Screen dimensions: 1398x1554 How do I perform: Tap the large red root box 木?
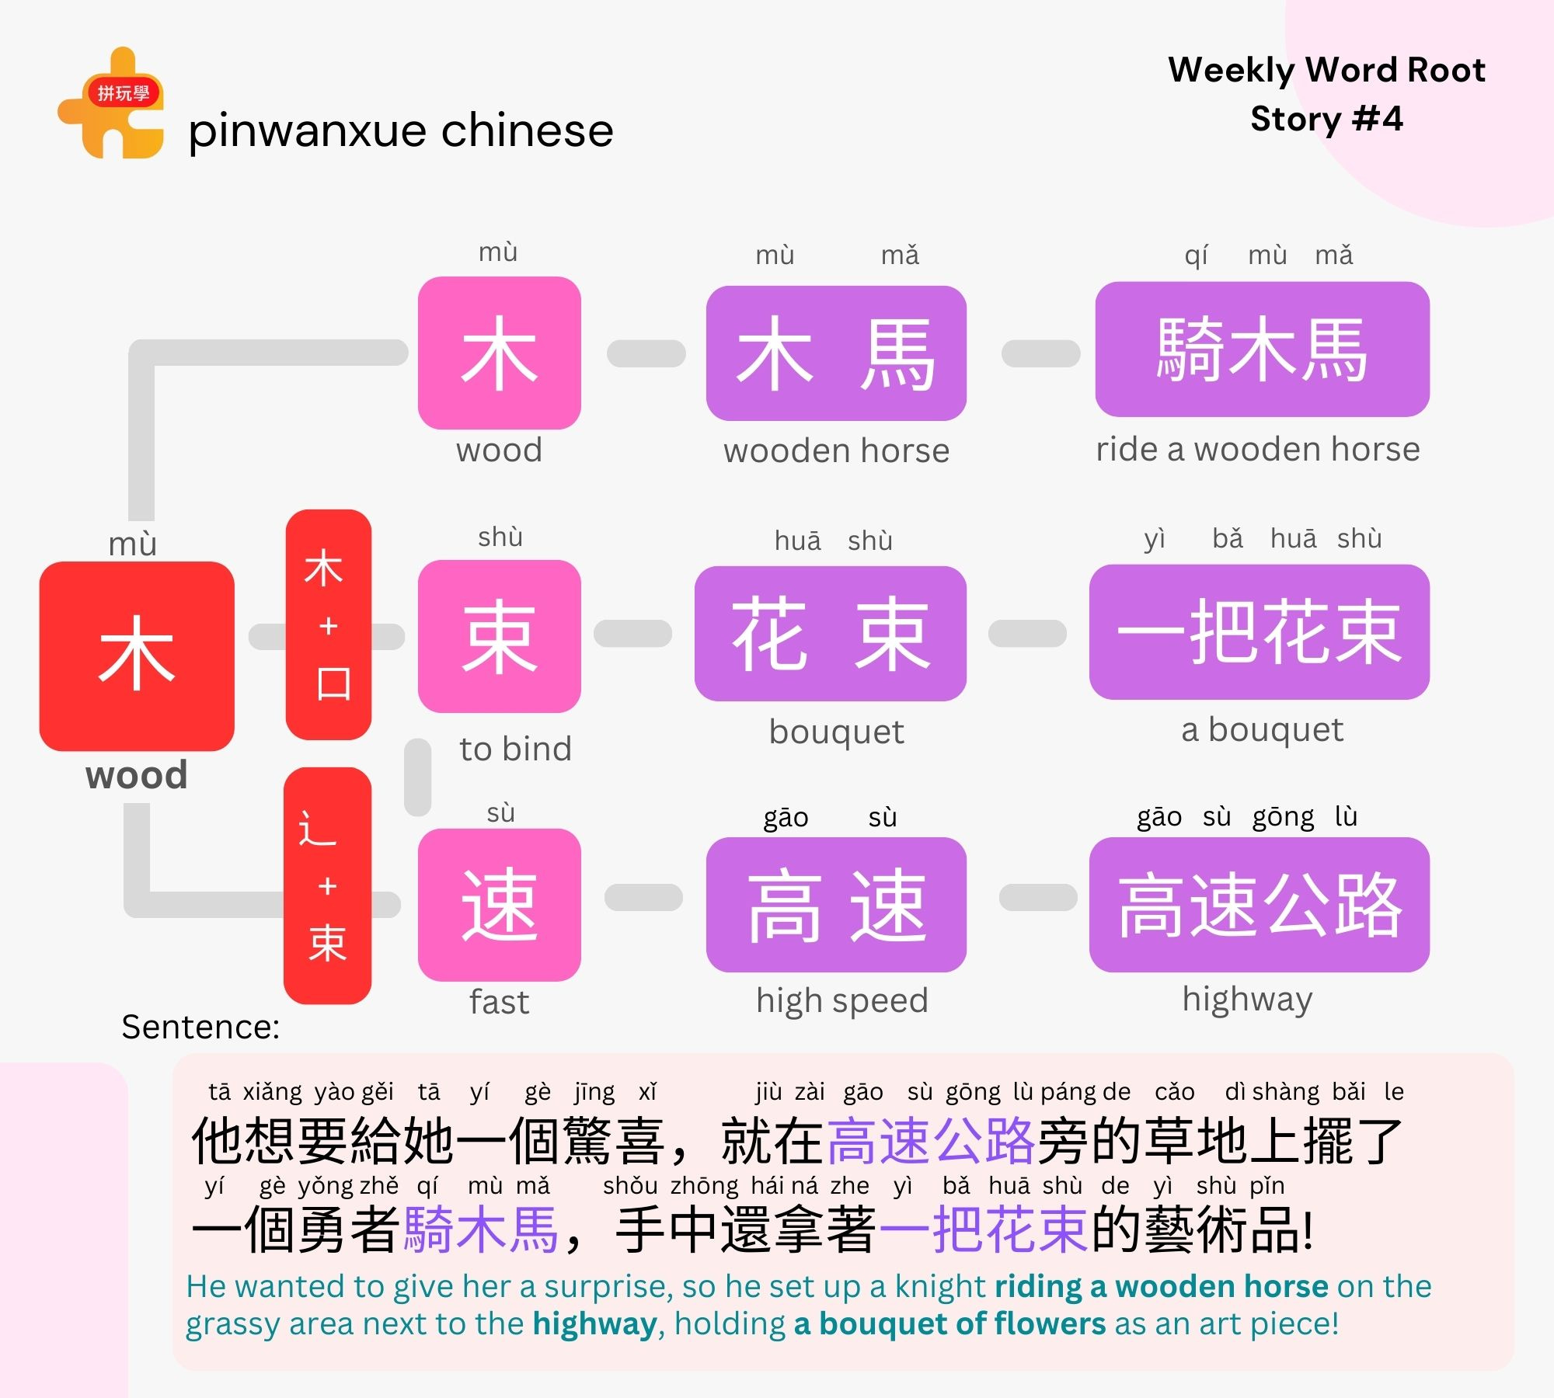pyautogui.click(x=137, y=656)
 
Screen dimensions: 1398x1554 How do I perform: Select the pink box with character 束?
pyautogui.click(x=499, y=636)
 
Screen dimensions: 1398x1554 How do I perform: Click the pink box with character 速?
pyautogui.click(x=499, y=904)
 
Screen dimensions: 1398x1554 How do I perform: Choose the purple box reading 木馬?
pyautogui.click(x=836, y=353)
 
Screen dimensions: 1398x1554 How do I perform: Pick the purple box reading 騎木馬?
pyautogui.click(x=1262, y=349)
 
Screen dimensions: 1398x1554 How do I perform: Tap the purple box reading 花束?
pyautogui.click(x=830, y=633)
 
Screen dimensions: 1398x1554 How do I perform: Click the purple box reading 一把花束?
pyautogui.click(x=1259, y=631)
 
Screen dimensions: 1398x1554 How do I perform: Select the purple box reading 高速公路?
pyautogui.click(x=1259, y=904)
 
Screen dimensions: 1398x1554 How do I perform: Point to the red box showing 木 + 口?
pyautogui.click(x=328, y=624)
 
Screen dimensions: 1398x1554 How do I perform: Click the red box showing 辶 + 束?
pyautogui.click(x=327, y=885)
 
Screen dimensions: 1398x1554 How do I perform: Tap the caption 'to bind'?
pyautogui.click(x=515, y=749)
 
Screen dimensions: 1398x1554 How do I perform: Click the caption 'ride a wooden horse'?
pyautogui.click(x=1258, y=449)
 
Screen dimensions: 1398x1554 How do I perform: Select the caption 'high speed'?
pyautogui.click(x=842, y=1000)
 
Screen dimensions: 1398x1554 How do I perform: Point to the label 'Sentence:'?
pyautogui.click(x=200, y=1027)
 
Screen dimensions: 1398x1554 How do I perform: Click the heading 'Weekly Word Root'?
pyautogui.click(x=1326, y=70)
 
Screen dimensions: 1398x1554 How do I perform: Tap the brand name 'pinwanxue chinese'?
pyautogui.click(x=401, y=130)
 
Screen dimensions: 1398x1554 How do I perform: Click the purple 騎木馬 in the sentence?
pyautogui.click(x=481, y=1229)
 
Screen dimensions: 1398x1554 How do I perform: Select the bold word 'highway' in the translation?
pyautogui.click(x=594, y=1323)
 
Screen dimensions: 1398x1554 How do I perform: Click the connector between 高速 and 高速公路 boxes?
pyautogui.click(x=1038, y=897)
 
